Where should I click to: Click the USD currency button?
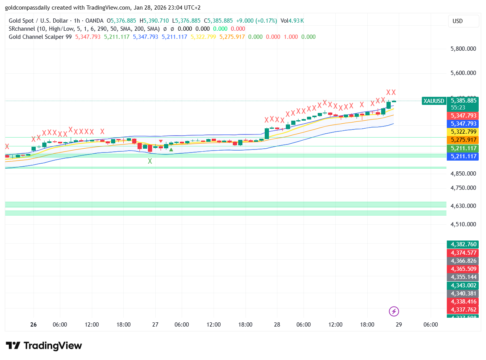[x=463, y=21]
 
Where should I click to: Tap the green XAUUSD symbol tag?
[x=433, y=101]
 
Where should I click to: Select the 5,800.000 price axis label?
[x=463, y=49]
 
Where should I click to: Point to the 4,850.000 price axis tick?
[x=463, y=174]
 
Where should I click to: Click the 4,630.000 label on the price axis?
[x=463, y=206]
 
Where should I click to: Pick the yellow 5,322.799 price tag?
[x=463, y=132]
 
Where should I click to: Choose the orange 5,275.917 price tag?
[x=463, y=140]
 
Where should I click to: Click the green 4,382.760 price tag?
[x=463, y=244]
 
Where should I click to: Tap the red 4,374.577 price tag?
[x=463, y=253]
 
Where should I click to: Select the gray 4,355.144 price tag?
[x=463, y=277]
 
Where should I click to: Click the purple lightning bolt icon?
[x=394, y=311]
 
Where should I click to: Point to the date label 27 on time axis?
[x=155, y=325]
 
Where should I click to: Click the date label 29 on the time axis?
[x=399, y=325]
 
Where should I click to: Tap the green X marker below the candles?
[x=150, y=161]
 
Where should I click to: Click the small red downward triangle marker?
[x=161, y=141]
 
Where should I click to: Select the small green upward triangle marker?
[x=171, y=149]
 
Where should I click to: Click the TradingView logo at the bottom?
[x=44, y=346]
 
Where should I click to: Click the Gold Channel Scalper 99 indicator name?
[x=40, y=37]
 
